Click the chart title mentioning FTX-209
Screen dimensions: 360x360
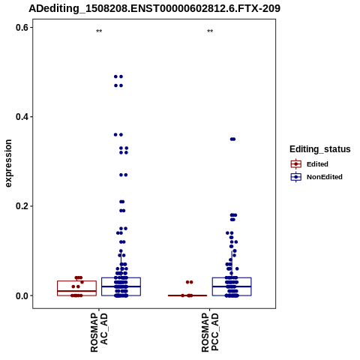point(154,8)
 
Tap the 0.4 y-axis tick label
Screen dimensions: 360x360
point(22,117)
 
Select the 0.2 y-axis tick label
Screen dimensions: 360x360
point(22,206)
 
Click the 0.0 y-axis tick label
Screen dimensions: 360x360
point(22,295)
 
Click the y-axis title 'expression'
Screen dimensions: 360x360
point(8,163)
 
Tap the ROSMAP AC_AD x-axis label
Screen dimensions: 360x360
point(99,332)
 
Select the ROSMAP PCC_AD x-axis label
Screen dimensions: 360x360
point(210,332)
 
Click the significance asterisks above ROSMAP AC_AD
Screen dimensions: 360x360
point(99,31)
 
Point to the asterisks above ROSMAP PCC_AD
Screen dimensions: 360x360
point(210,31)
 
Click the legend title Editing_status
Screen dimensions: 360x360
point(320,149)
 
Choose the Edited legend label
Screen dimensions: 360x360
point(317,164)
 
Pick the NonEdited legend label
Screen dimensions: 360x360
point(325,177)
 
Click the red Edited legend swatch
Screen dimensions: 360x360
point(296,164)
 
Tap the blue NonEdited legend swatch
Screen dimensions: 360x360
point(296,177)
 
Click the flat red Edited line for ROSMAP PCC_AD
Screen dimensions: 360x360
point(187,295)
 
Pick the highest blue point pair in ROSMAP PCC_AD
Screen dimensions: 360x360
point(232,139)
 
